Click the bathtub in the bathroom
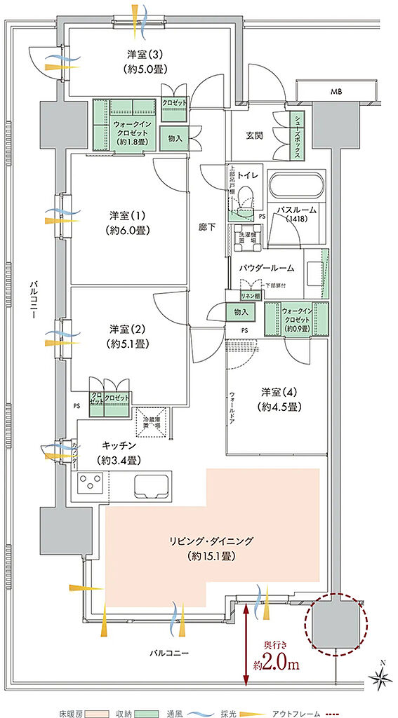click(297, 188)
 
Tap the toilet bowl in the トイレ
click(246, 196)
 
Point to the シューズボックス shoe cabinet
click(298, 136)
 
